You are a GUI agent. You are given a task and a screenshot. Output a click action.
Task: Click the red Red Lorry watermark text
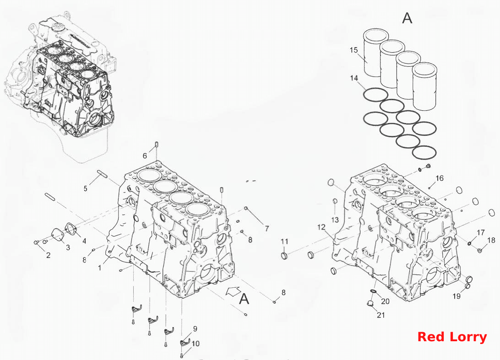coord(452,337)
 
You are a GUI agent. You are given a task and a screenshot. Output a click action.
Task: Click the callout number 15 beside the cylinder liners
coord(353,50)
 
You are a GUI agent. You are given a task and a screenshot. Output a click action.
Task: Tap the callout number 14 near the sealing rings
coord(354,78)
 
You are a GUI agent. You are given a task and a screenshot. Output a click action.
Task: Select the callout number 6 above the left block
coord(145,156)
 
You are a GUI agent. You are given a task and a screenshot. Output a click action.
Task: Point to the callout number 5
coord(86,188)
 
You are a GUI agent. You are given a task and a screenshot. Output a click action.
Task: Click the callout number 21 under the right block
coord(381,315)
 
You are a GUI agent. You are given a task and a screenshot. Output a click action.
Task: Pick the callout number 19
coord(457,296)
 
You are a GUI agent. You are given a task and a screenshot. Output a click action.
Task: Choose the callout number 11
coord(284,242)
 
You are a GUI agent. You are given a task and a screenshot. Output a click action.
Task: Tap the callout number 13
coord(335,220)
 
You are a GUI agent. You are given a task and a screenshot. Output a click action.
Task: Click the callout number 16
coord(440,178)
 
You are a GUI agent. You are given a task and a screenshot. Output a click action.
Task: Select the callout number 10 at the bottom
coord(196,344)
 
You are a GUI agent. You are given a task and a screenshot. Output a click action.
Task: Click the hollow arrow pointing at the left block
coord(233,291)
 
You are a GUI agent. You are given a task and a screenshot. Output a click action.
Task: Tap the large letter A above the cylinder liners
coord(407,18)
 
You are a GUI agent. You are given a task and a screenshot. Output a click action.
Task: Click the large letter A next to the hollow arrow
coord(244,299)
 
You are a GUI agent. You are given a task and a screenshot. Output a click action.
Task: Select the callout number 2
coord(48,255)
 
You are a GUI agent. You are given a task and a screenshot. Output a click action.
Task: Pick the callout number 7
coord(266,228)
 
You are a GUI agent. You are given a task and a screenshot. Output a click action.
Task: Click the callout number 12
coord(321,227)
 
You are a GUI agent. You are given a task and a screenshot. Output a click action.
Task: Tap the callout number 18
coord(491,240)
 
